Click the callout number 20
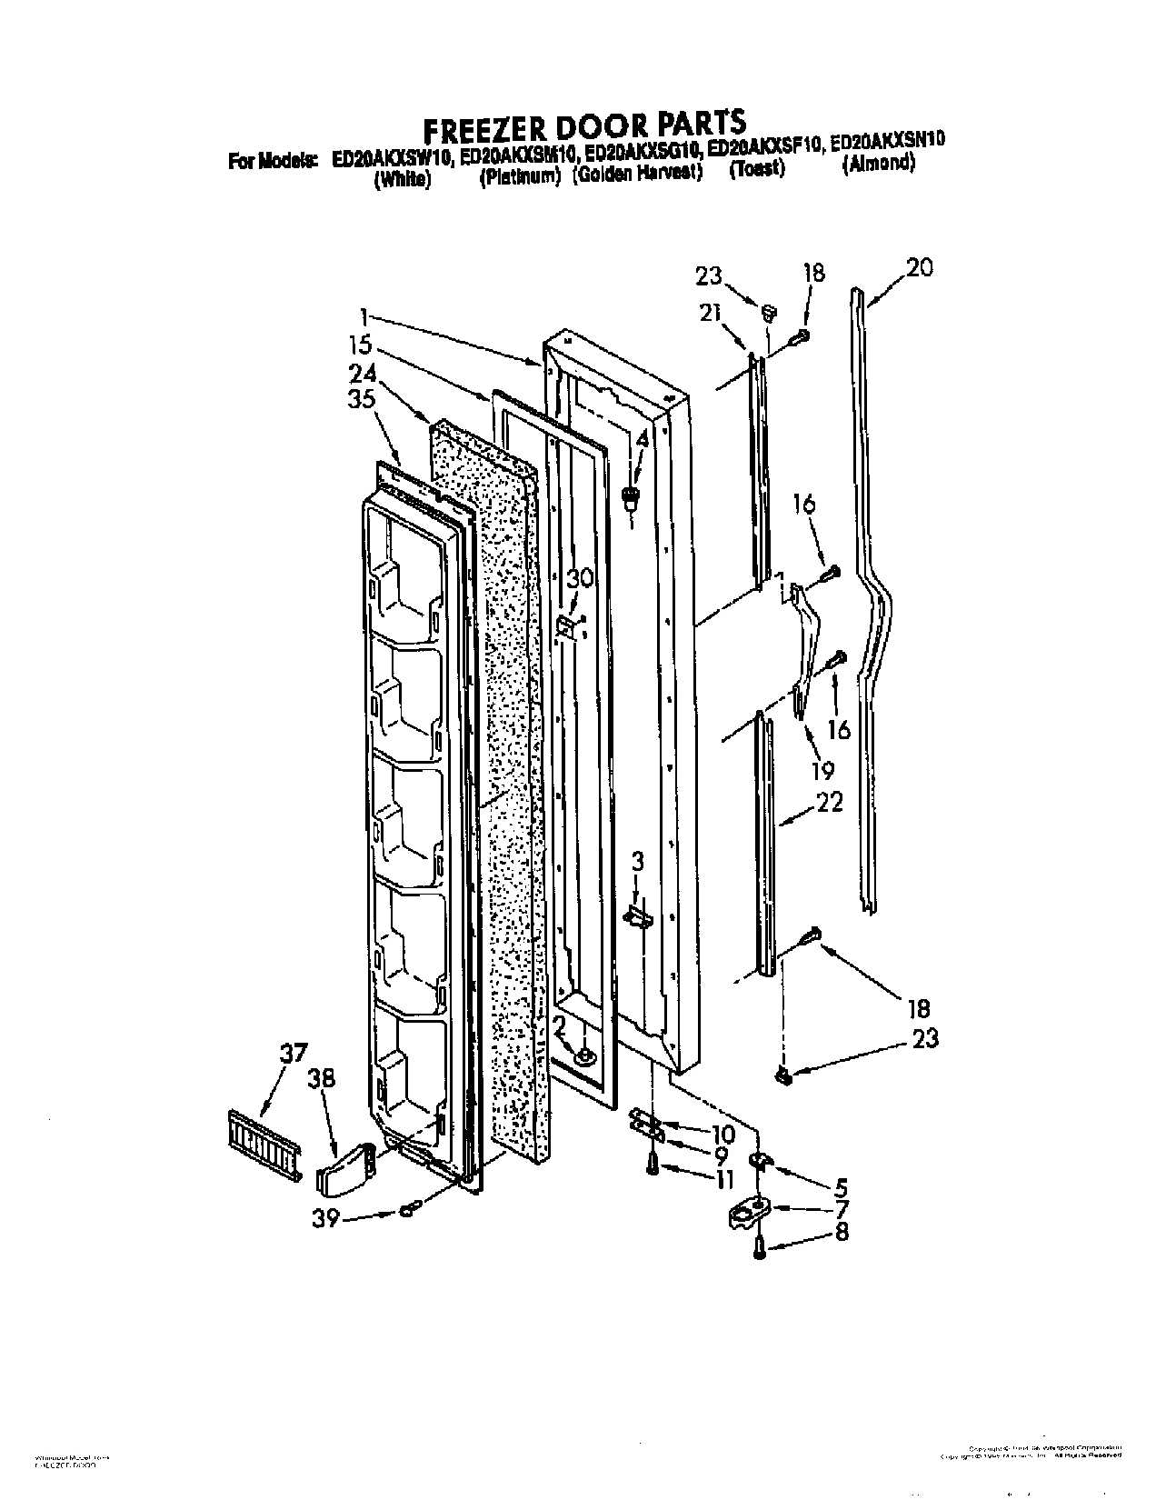coord(919,268)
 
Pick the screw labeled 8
coord(761,1250)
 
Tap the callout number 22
coord(830,802)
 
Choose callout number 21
coord(709,312)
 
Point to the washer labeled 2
coord(584,1055)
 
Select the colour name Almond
coord(879,165)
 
